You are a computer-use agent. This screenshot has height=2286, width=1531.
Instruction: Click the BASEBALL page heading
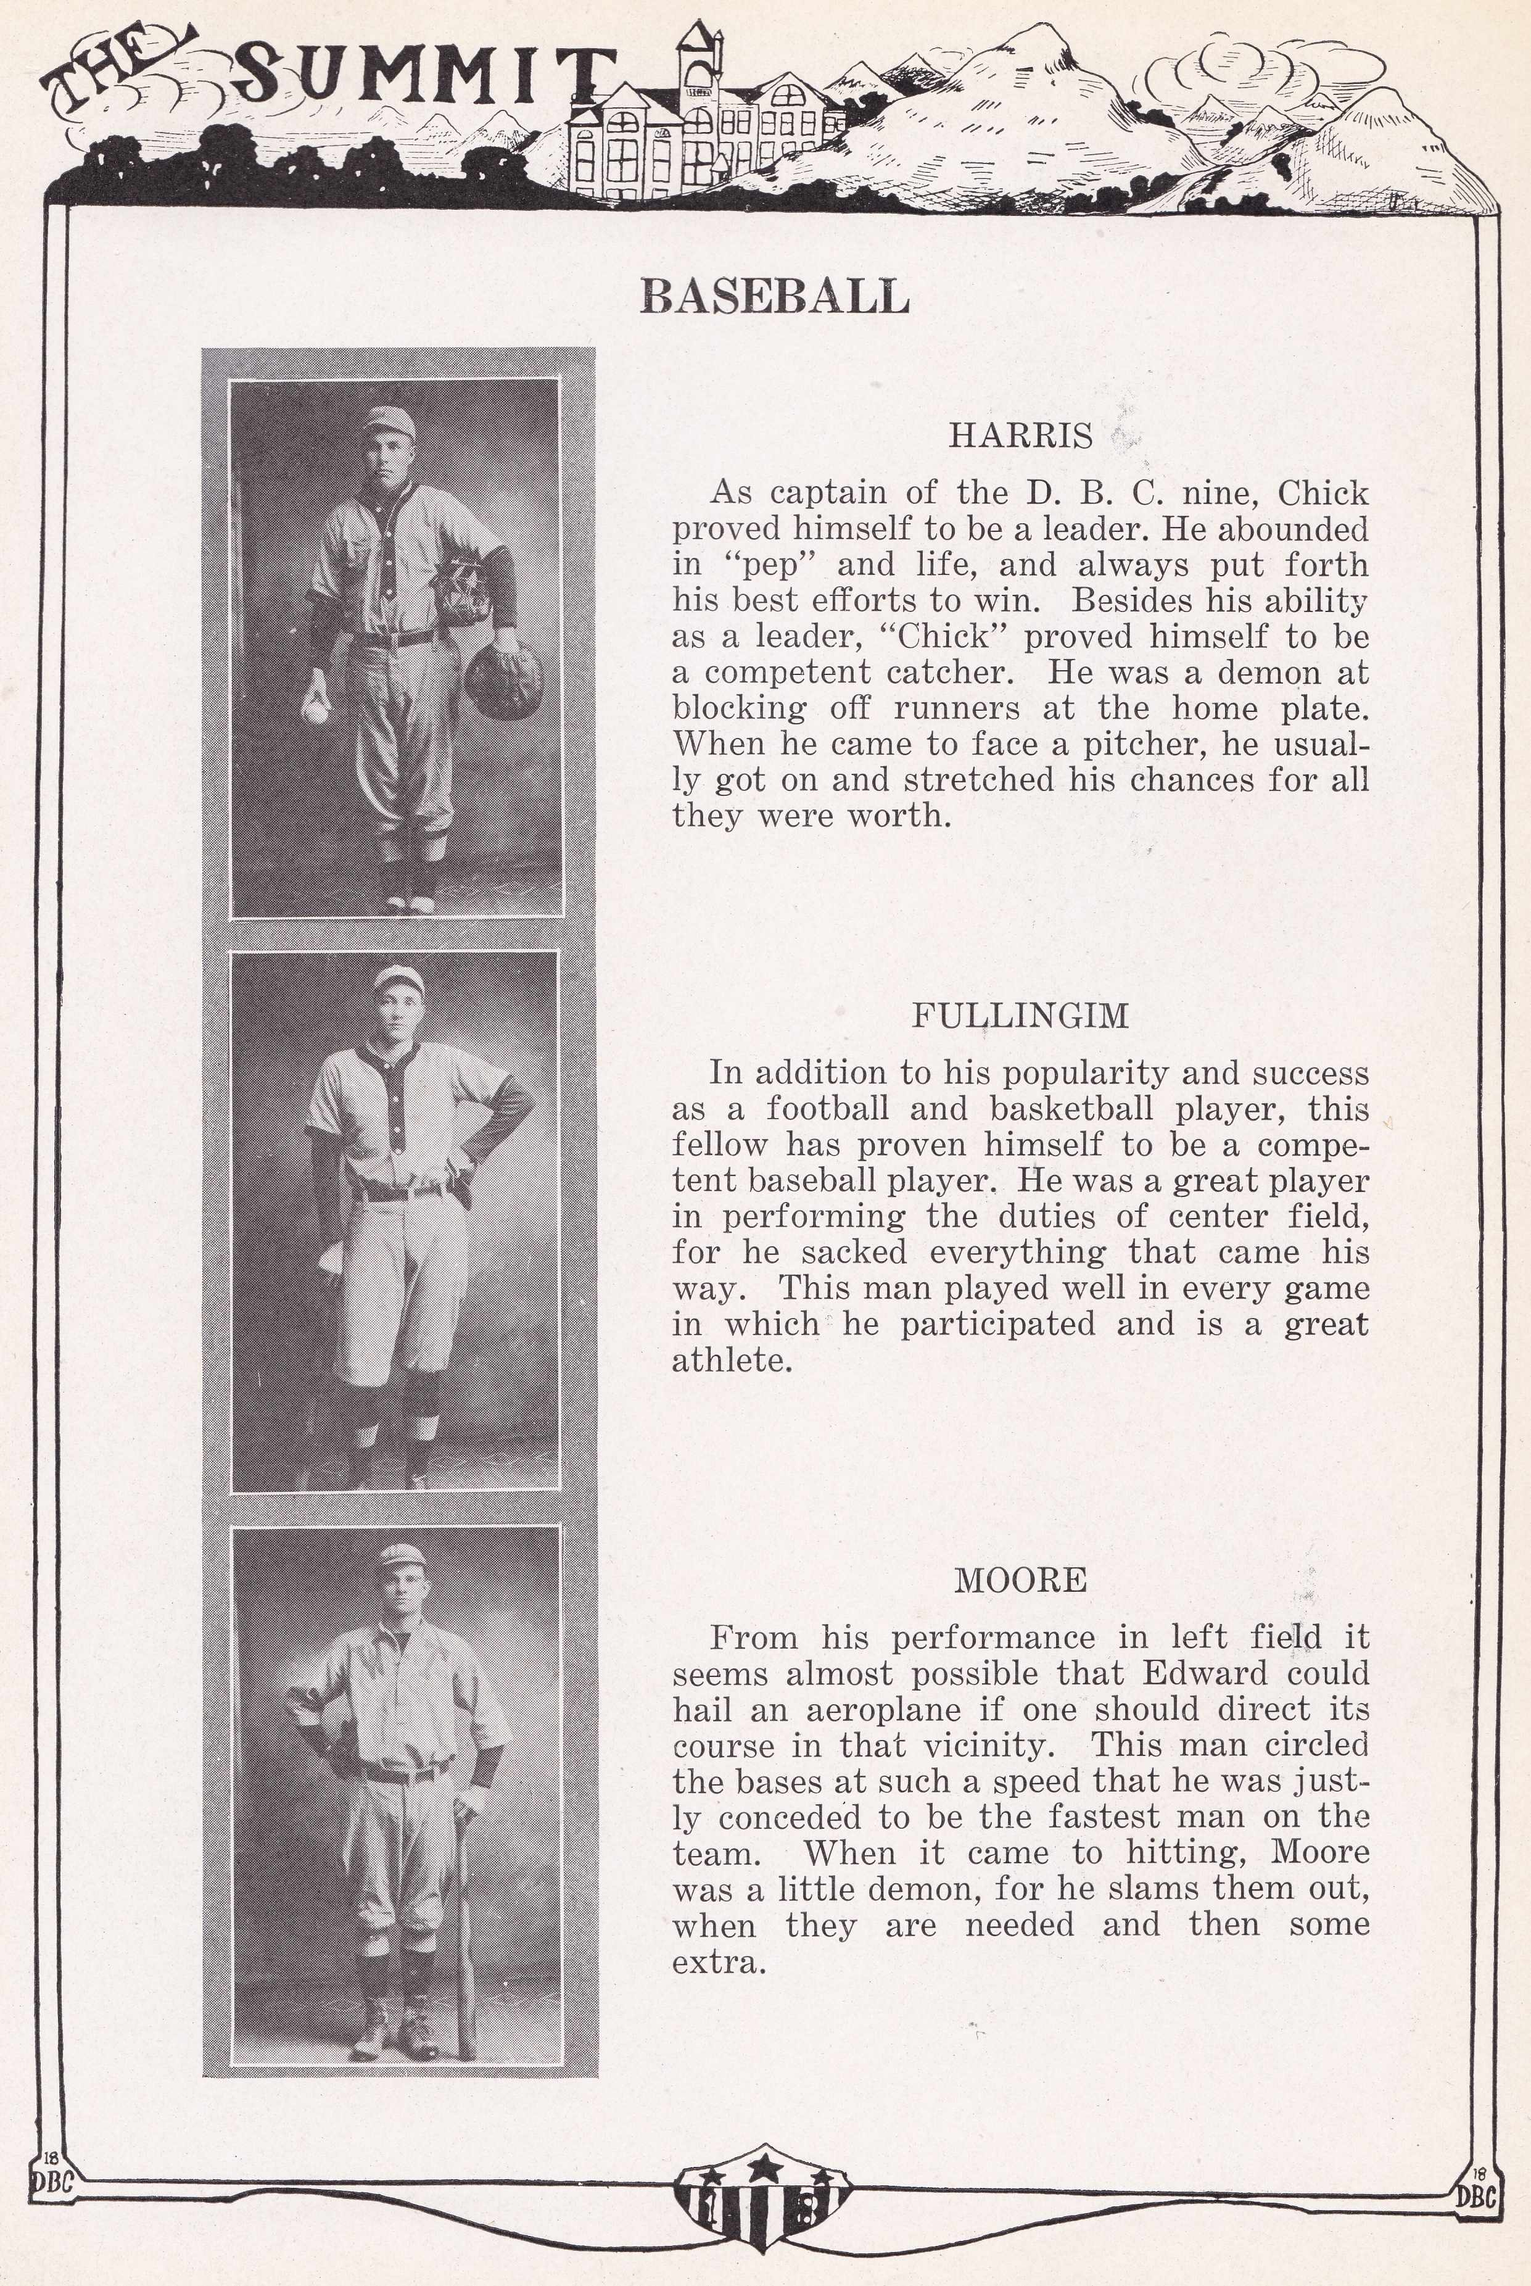pyautogui.click(x=774, y=295)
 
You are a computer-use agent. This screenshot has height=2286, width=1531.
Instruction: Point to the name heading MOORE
pyautogui.click(x=1020, y=1580)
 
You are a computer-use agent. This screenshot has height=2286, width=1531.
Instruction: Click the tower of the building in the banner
pyautogui.click(x=699, y=64)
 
